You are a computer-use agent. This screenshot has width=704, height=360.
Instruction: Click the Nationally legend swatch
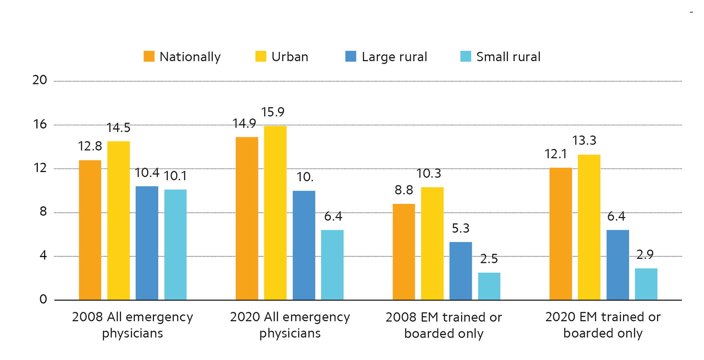[x=149, y=57]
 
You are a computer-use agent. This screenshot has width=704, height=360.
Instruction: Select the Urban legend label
[x=290, y=57]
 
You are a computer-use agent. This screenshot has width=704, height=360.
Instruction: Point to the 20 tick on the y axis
[x=40, y=80]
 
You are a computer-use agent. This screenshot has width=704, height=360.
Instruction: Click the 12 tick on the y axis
[x=40, y=168]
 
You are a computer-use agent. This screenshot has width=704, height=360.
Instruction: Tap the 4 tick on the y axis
[x=43, y=255]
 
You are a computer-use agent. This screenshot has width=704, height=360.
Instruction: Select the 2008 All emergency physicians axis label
[x=133, y=325]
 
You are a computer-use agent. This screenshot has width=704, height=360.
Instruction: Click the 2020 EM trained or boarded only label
[x=603, y=325]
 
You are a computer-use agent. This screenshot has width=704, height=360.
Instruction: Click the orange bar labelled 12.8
[x=90, y=230]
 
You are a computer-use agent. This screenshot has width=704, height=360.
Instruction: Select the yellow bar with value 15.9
[x=275, y=213]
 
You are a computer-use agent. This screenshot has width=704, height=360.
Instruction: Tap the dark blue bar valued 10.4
[x=147, y=243]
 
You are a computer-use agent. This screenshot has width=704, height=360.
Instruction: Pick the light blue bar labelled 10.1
[x=175, y=245]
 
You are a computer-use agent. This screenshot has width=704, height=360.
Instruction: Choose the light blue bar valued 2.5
[x=489, y=286]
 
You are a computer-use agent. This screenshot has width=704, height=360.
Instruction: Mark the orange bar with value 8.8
[x=404, y=252]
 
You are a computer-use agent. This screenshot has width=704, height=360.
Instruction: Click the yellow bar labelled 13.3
[x=589, y=227]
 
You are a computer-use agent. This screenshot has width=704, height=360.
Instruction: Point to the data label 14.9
[x=244, y=123]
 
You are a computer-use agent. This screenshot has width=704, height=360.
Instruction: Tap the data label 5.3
[x=461, y=229]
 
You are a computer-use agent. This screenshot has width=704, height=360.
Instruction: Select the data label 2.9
[x=645, y=254]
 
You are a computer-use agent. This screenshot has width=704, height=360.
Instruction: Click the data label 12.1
[x=556, y=154]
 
